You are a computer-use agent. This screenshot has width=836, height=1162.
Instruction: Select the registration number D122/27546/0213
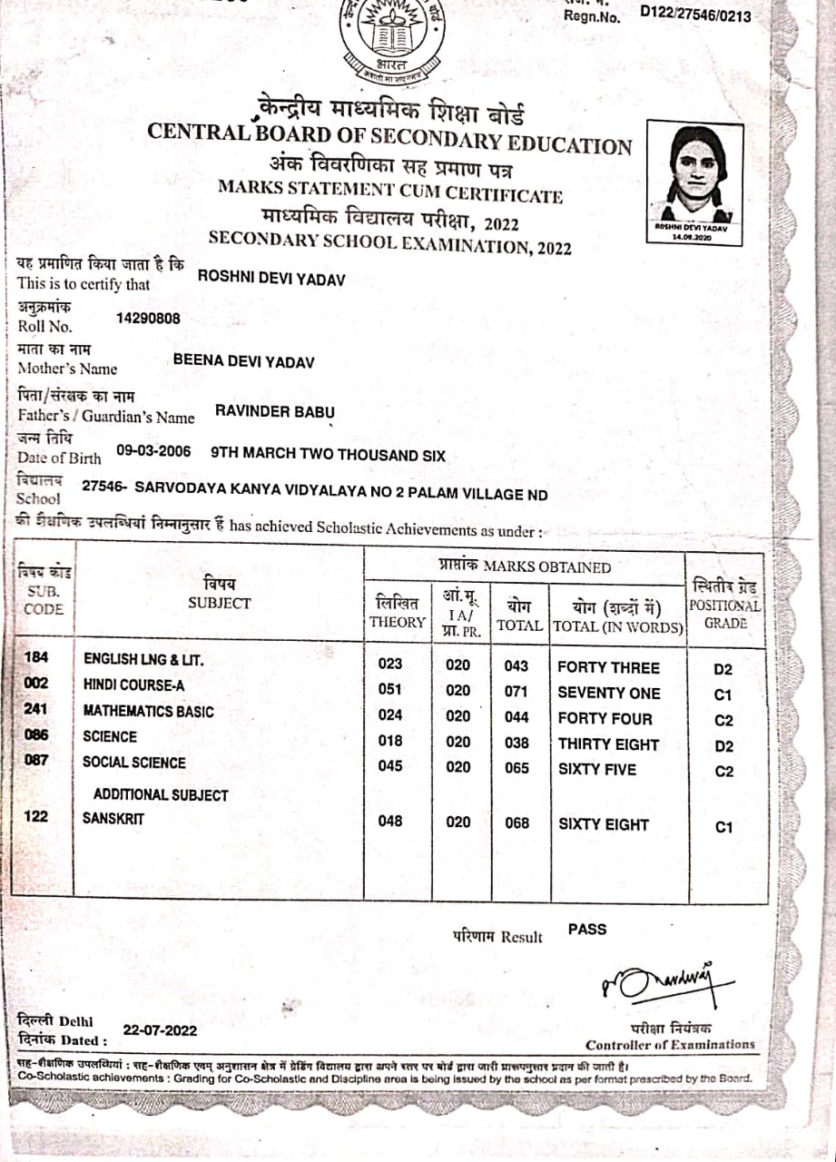[x=695, y=12]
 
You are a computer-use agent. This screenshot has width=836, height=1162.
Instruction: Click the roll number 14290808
[x=149, y=319]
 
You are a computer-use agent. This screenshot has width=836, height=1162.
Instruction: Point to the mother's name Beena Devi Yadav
[x=244, y=362]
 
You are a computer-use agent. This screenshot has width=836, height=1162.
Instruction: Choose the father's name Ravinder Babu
[x=275, y=411]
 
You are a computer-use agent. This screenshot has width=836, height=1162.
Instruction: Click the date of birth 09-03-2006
[x=153, y=450]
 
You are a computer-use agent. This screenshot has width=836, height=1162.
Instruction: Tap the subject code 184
[x=36, y=658]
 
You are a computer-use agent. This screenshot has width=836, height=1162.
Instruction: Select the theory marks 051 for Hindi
[x=389, y=690]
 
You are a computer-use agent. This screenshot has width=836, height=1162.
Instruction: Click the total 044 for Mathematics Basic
[x=516, y=716]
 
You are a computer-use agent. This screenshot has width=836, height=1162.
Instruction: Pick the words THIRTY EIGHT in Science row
[x=608, y=744]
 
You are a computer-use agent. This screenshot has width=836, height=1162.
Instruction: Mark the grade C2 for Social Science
[x=723, y=773]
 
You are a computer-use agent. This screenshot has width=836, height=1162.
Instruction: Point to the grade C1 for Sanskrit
[x=723, y=827]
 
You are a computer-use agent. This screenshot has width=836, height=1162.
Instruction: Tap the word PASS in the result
[x=587, y=929]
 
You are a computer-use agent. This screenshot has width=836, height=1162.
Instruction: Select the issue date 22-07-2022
[x=160, y=1030]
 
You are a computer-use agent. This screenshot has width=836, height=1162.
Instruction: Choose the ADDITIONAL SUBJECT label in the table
[x=161, y=794]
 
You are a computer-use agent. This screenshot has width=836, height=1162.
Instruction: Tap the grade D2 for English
[x=723, y=670]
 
